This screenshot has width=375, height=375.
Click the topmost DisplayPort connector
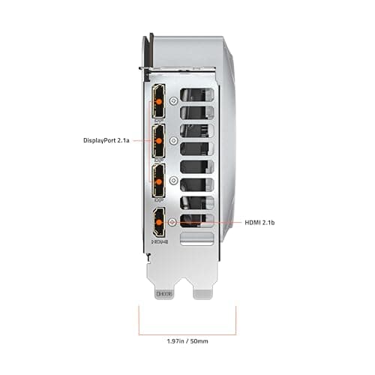click(159, 102)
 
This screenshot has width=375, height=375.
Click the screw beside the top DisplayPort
click(174, 100)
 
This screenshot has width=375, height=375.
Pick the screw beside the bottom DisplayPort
click(174, 181)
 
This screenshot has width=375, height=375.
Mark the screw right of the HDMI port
click(174, 222)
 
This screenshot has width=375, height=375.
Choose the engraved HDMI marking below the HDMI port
click(159, 242)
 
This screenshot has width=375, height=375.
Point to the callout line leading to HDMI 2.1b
click(210, 223)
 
